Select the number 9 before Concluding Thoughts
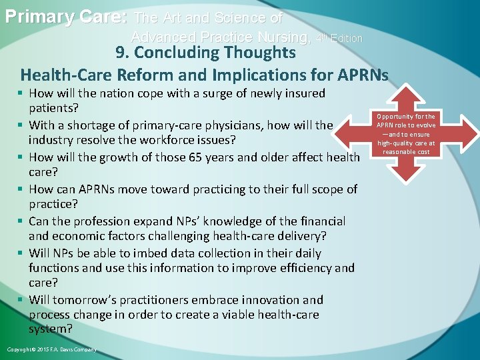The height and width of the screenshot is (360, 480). click(x=119, y=52)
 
